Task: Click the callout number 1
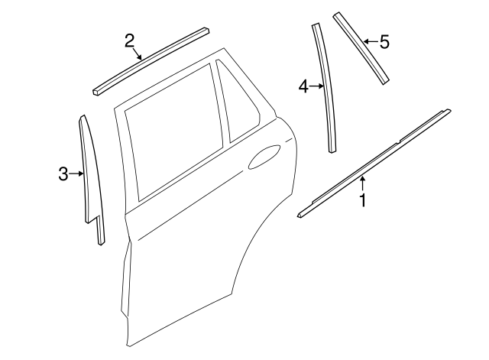[x=364, y=201]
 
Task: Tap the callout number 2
[x=131, y=40]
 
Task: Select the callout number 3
[x=64, y=174]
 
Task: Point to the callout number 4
[x=303, y=87]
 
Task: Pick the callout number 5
[x=384, y=42]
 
